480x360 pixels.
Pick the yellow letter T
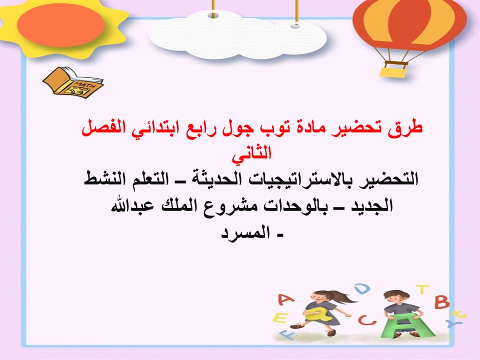[x=422, y=289]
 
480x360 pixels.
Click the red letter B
[x=441, y=301]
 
